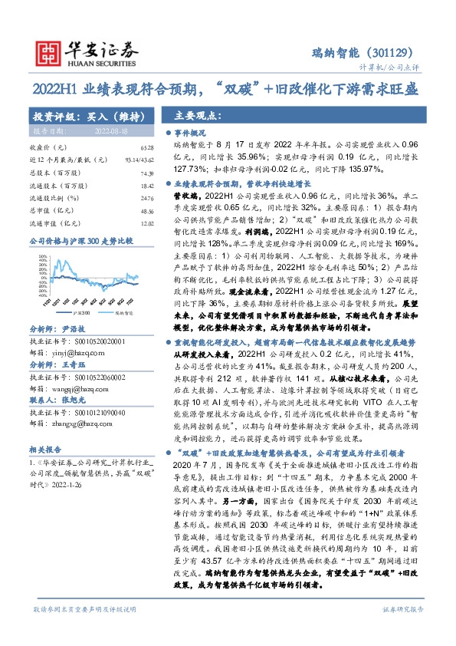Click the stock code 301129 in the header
395,54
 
